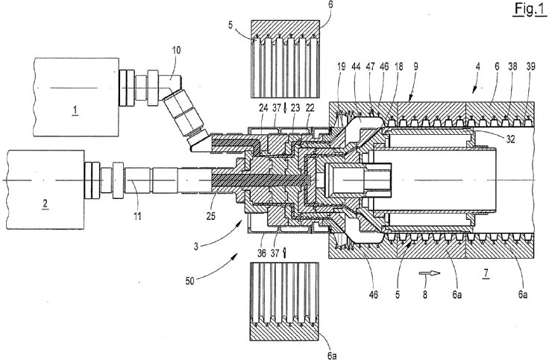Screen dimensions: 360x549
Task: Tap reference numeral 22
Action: pyautogui.click(x=310, y=107)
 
